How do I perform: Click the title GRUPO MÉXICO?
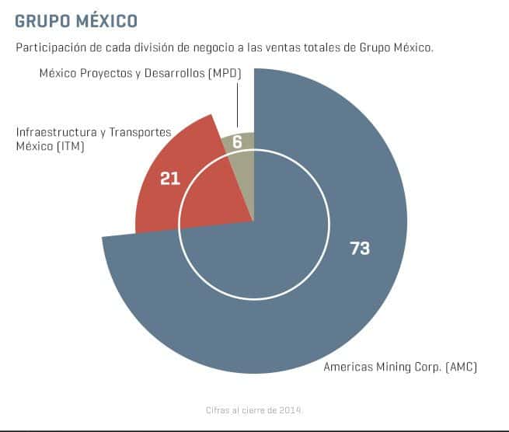pos(76,19)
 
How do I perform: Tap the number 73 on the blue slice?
pos(360,249)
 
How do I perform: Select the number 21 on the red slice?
pos(169,178)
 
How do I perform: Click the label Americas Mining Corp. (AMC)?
pos(399,366)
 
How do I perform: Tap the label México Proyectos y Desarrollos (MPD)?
pos(140,74)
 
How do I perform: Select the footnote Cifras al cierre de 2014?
pos(253,409)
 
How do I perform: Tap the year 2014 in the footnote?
pos(291,409)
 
